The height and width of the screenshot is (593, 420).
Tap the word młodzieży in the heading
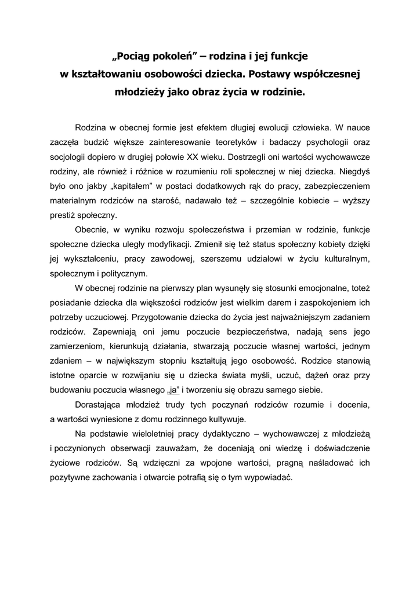pos(140,91)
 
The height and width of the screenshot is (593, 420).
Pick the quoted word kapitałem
pos(129,186)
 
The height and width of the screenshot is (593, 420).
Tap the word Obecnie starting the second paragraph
pos(93,230)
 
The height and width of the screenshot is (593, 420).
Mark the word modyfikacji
pos(164,244)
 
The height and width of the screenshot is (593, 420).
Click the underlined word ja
pos(172,390)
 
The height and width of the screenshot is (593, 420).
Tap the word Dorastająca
pos(101,404)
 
